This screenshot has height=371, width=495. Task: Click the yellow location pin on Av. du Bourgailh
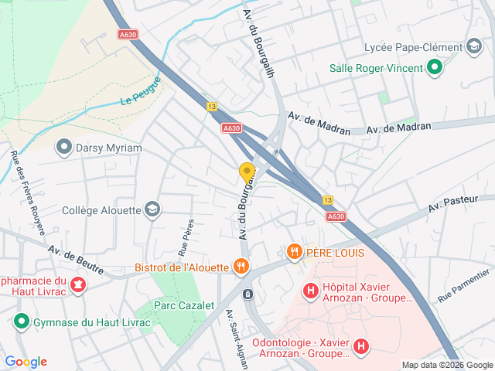247,172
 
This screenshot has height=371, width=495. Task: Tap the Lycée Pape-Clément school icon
473,47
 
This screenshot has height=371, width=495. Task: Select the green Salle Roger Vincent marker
435,68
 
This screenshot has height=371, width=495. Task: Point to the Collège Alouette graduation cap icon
153,209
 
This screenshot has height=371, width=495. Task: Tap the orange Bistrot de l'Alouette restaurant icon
241,267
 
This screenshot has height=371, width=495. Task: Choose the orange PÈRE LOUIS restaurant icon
294,252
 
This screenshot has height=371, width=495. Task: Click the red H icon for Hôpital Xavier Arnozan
310,291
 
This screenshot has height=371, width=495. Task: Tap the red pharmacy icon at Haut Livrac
77,286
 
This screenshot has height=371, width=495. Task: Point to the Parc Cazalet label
184,305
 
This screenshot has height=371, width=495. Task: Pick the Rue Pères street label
186,237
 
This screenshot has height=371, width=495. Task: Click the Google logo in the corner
26,361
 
